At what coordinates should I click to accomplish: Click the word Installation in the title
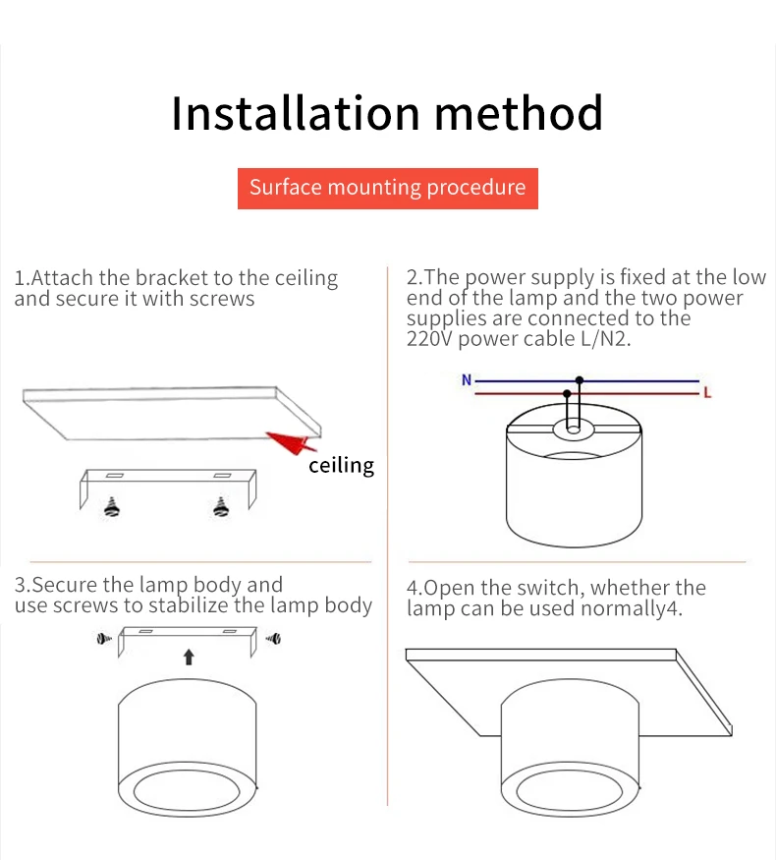(296, 113)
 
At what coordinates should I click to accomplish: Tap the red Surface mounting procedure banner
(387, 188)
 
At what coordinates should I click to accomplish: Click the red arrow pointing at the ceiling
(291, 441)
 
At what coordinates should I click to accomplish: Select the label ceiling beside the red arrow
(341, 466)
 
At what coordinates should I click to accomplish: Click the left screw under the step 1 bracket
(112, 507)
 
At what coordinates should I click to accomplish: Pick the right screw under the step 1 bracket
(221, 507)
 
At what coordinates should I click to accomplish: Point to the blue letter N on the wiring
(467, 379)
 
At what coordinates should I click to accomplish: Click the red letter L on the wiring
(707, 393)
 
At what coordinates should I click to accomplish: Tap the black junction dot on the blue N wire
(580, 380)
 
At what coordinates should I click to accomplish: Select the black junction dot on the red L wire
(567, 394)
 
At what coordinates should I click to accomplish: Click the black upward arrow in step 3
(189, 657)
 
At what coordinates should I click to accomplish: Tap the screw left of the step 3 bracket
(103, 639)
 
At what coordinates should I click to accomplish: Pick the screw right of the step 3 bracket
(273, 639)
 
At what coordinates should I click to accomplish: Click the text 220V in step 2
(429, 339)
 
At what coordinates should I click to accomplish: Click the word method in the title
(519, 113)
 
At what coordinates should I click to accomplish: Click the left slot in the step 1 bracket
(115, 476)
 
